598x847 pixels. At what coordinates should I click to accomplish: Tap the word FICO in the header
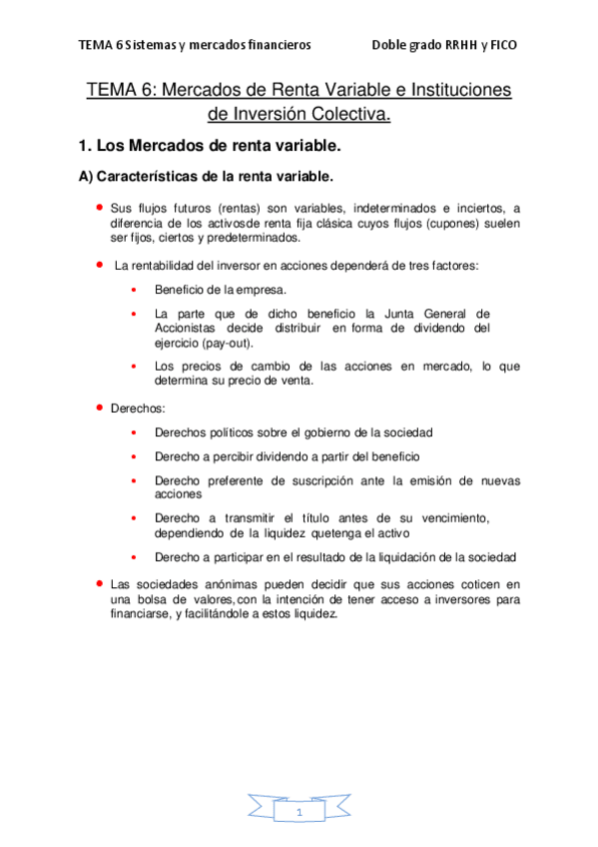coord(503,45)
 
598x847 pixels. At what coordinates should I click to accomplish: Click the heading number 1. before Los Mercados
coord(85,146)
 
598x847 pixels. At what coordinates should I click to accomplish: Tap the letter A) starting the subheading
coord(85,177)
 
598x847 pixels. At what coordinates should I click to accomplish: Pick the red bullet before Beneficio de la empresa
coord(133,290)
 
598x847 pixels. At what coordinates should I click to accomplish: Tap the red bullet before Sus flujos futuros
coord(100,207)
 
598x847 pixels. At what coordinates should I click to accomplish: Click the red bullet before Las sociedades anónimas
coord(100,581)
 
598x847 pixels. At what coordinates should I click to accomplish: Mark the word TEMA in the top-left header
coord(96,45)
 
